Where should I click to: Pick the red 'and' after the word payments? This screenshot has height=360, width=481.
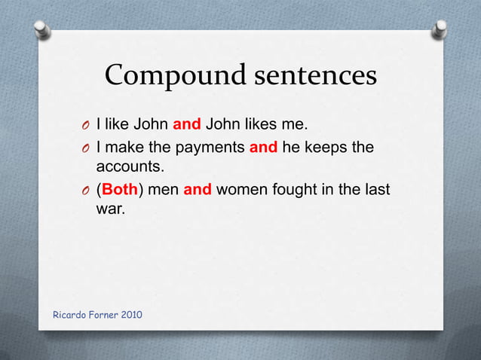coord(263,148)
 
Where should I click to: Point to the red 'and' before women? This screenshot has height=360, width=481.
coord(198,190)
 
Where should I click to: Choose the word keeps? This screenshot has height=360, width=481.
coord(326,148)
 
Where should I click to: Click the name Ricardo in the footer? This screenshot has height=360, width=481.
coord(69,314)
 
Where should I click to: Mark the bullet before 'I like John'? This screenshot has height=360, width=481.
coord(87,125)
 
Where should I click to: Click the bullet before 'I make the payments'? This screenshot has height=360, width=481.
coord(87,148)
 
